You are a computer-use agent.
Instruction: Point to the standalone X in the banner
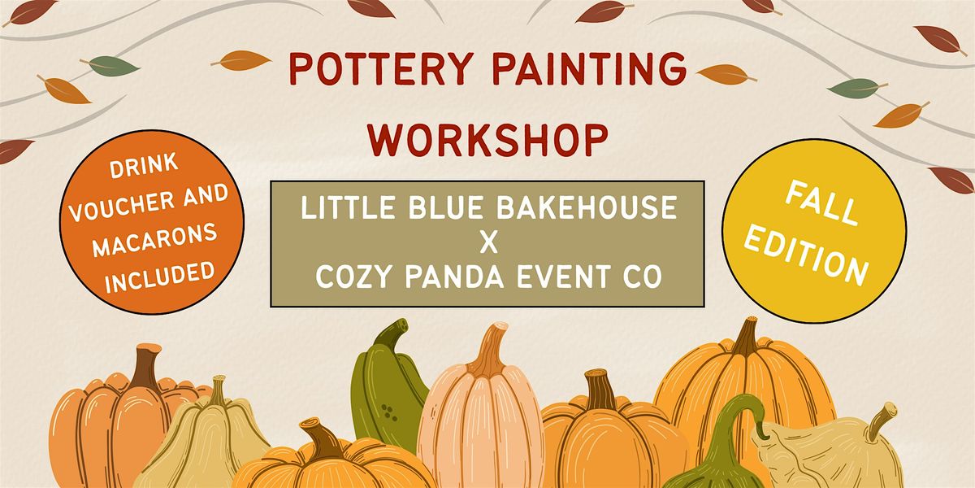487,243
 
